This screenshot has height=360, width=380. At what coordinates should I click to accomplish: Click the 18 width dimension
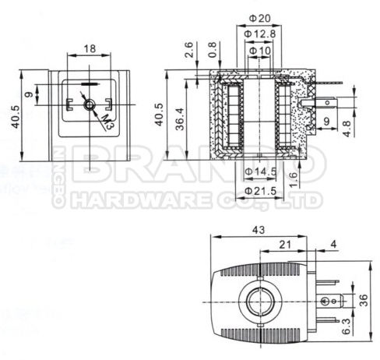point(90,48)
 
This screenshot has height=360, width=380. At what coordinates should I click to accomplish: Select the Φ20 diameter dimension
point(258,18)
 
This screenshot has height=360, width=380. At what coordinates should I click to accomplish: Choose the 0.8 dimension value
point(213,51)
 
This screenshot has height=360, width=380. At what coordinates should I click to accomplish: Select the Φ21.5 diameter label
point(259,191)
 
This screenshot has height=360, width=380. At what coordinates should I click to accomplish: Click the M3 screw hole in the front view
point(90,104)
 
